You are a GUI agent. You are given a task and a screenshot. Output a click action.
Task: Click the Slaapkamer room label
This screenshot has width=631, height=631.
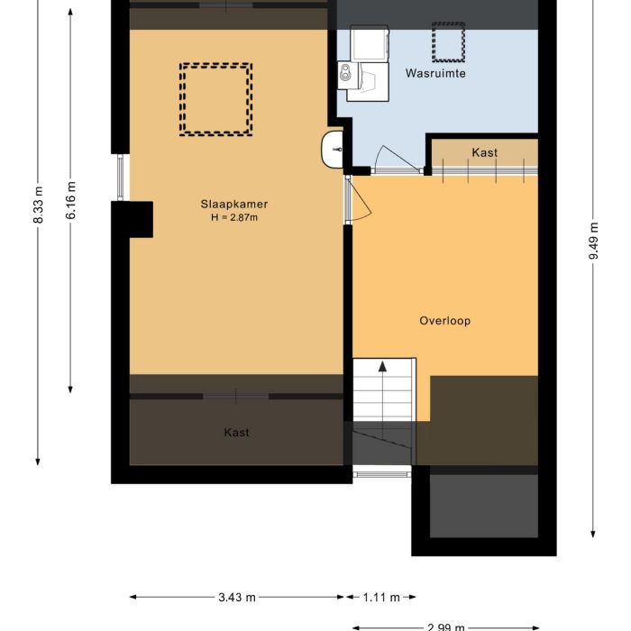(x=234, y=204)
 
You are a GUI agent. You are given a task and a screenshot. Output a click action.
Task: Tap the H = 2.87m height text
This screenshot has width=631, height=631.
(x=234, y=217)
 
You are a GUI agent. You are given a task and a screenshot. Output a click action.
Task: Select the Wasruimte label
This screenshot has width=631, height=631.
(x=435, y=73)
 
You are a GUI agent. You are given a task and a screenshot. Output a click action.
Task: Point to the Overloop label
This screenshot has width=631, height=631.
(x=444, y=321)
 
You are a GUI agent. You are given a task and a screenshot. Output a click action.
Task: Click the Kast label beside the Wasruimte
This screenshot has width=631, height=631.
(x=484, y=152)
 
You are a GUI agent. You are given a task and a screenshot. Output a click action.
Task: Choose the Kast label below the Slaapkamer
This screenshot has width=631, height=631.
(x=236, y=433)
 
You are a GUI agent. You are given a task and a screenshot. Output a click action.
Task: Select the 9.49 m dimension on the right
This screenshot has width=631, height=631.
(x=593, y=241)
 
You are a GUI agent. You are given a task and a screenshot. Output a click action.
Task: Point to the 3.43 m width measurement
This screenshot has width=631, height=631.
(x=237, y=597)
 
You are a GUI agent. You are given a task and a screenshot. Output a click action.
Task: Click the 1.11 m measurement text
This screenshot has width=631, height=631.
(x=379, y=597)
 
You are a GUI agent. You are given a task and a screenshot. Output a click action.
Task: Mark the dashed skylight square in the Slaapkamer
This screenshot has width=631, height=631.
(x=215, y=99)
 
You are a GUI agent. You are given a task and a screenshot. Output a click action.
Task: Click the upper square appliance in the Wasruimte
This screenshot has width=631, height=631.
(x=370, y=42)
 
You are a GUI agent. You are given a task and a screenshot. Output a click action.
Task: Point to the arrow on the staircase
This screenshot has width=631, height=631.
(x=383, y=368)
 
